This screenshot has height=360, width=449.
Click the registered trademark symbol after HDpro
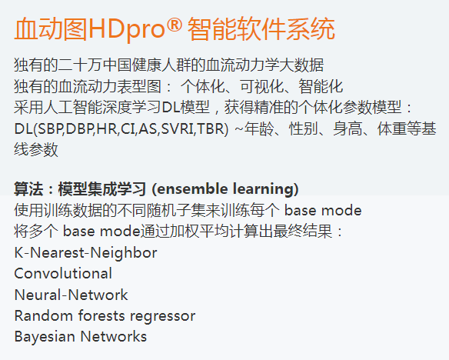[x=174, y=25]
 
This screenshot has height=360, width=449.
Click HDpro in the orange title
[x=126, y=29]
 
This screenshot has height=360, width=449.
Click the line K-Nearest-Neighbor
[x=85, y=253]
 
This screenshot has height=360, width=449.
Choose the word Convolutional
[x=63, y=274]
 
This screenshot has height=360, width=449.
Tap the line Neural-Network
[x=71, y=295]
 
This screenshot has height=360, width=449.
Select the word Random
[x=43, y=316]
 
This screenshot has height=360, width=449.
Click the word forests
[x=101, y=316]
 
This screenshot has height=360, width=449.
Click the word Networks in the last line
[x=113, y=336]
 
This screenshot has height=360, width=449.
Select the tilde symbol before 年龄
[x=239, y=128]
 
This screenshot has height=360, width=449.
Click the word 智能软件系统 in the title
[x=261, y=28]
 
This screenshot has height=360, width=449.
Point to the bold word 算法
[x=28, y=189]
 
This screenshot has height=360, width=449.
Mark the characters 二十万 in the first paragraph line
[x=80, y=65]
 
